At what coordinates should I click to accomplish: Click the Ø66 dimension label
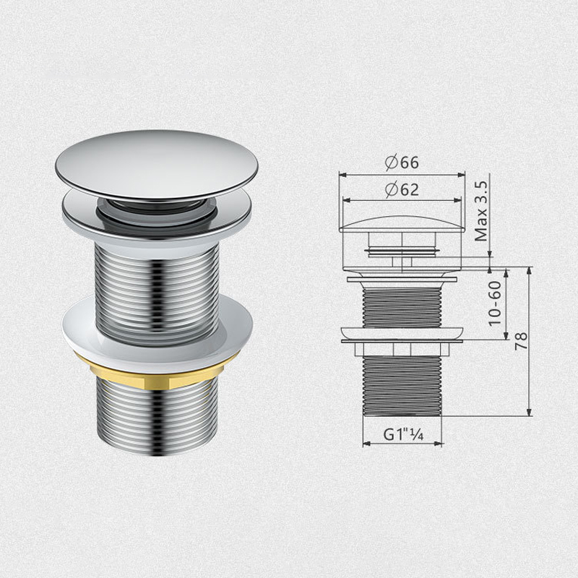click(x=402, y=163)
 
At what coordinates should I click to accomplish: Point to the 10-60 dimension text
click(x=495, y=303)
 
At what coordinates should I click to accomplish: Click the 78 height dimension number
click(x=520, y=341)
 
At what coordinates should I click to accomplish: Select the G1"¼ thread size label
click(x=402, y=435)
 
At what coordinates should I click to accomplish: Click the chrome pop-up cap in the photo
click(x=156, y=163)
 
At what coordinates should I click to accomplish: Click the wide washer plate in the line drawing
click(x=402, y=334)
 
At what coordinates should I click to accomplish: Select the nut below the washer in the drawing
click(x=402, y=349)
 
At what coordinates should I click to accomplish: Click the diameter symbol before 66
click(x=390, y=163)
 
